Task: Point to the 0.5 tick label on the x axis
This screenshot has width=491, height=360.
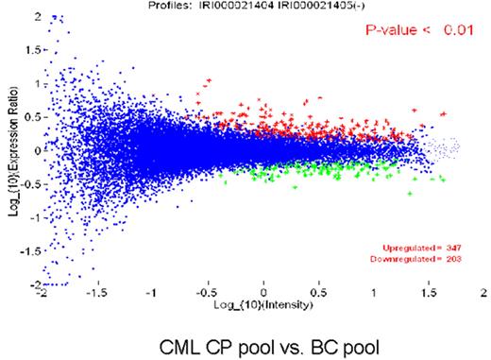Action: click(x=318, y=295)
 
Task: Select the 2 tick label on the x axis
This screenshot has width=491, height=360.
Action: click(x=483, y=295)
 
